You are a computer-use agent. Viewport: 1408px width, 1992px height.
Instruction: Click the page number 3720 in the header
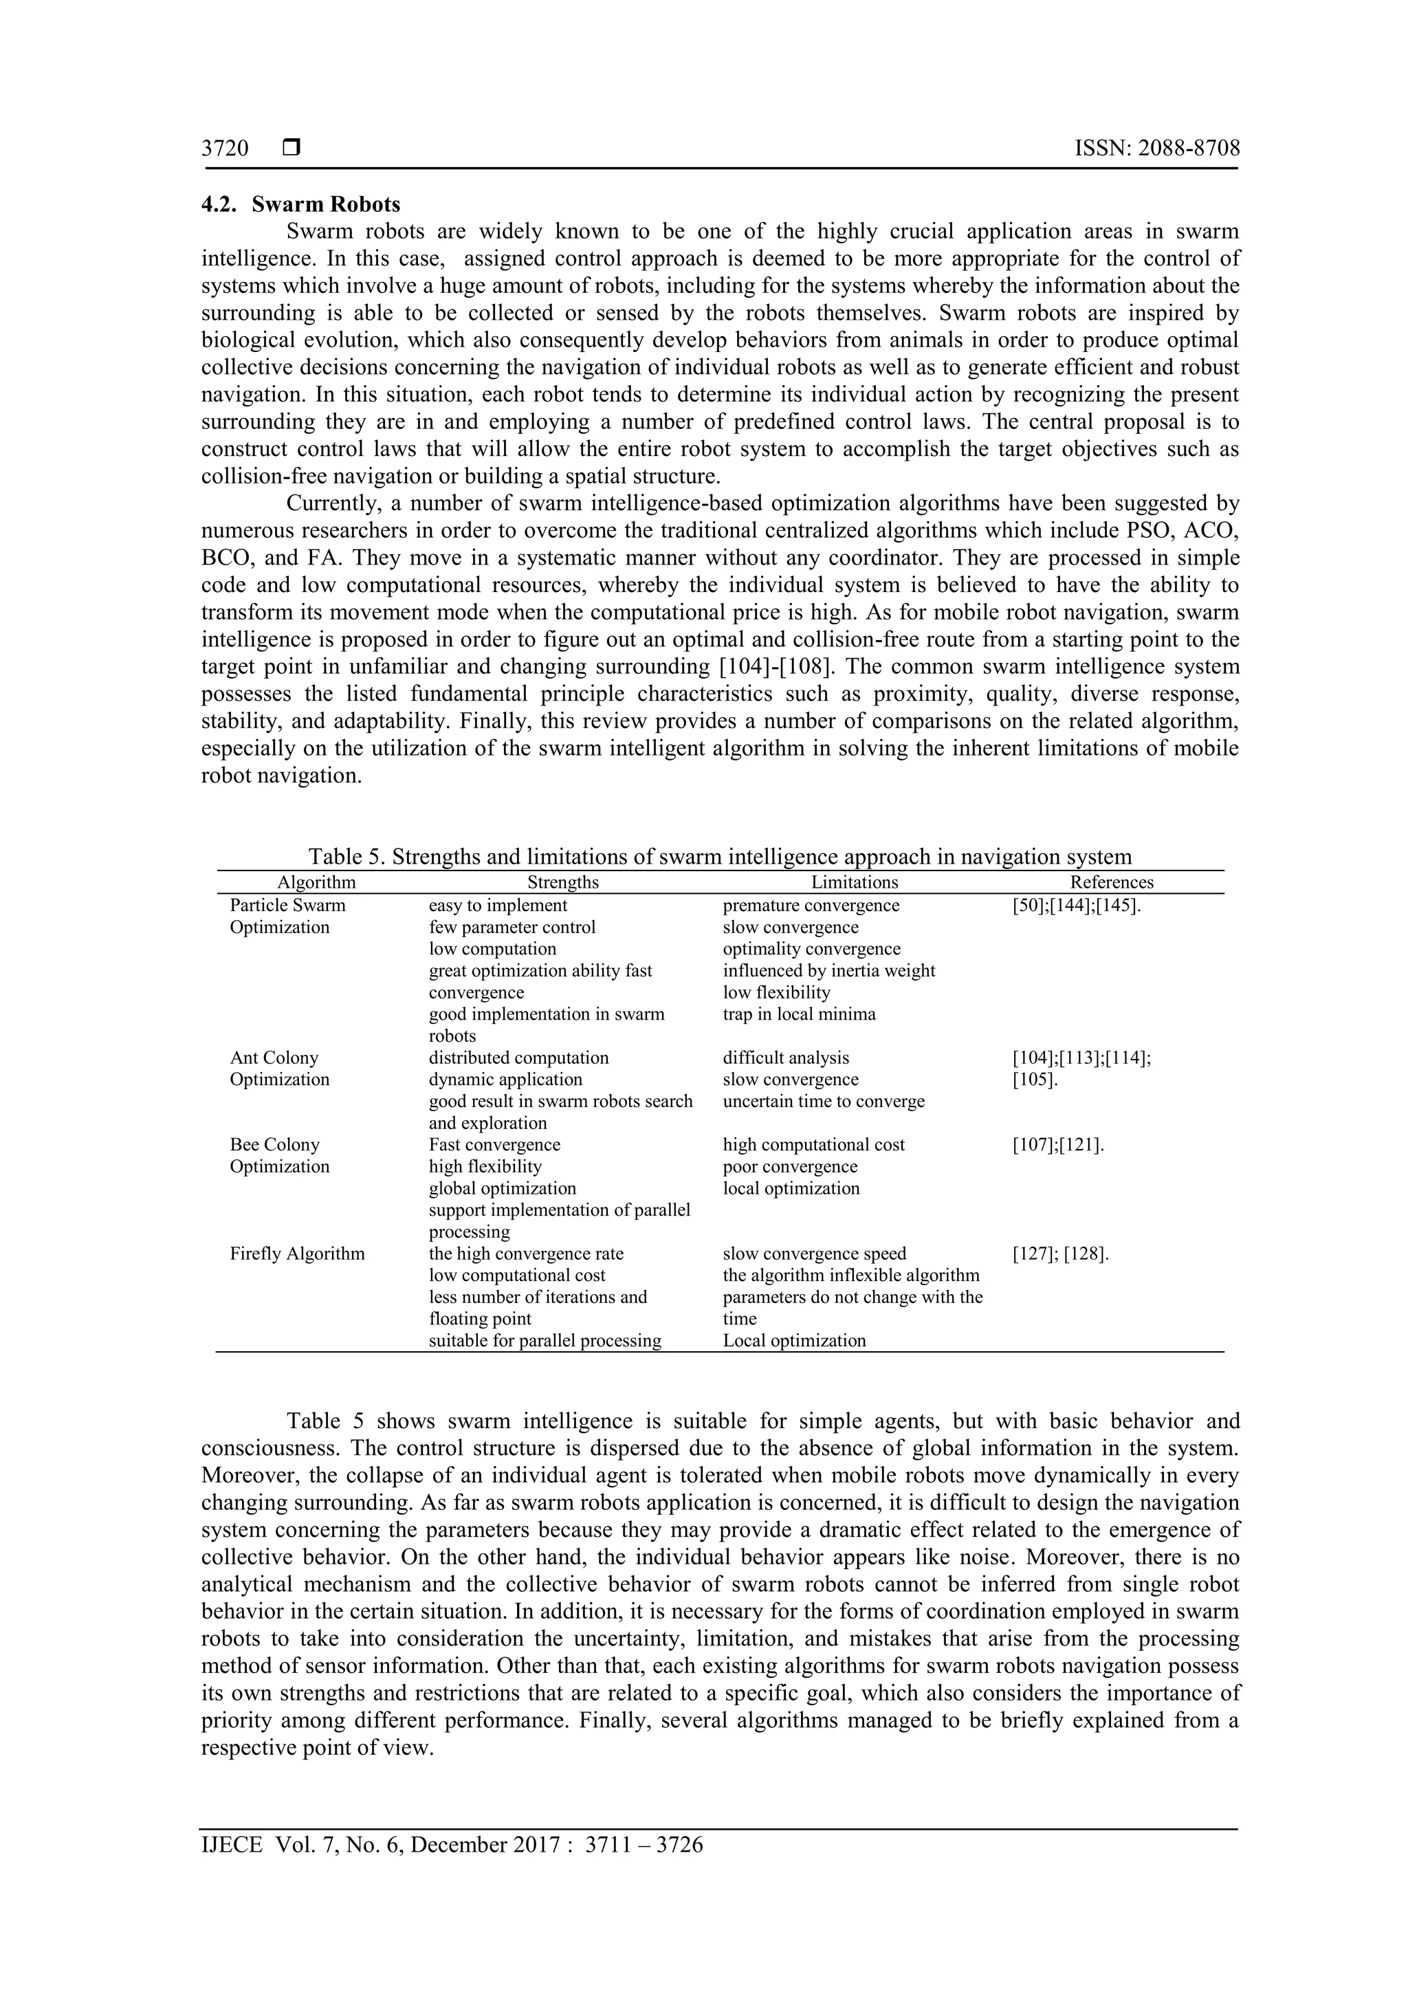click(x=225, y=149)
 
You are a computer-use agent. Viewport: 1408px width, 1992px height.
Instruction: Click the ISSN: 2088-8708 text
click(x=1156, y=149)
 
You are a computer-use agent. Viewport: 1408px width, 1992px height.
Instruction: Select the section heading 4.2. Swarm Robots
click(x=301, y=205)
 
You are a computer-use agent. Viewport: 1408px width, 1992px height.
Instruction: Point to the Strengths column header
click(x=563, y=882)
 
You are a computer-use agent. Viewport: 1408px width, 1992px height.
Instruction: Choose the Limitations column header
click(x=855, y=882)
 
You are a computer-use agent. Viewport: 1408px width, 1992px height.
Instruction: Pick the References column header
click(x=1111, y=882)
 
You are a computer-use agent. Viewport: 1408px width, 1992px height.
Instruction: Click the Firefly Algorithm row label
click(x=297, y=1254)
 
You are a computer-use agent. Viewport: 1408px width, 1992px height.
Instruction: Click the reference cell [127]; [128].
click(x=1060, y=1254)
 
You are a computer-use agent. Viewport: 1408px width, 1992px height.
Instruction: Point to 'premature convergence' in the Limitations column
click(x=811, y=906)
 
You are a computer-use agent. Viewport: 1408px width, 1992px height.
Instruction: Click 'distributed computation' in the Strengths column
click(x=519, y=1058)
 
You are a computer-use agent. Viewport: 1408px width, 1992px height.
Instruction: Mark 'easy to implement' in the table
click(x=498, y=906)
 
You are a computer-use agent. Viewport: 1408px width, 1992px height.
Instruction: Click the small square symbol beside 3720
click(x=291, y=149)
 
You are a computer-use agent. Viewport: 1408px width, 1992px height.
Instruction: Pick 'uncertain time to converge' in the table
click(x=824, y=1102)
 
